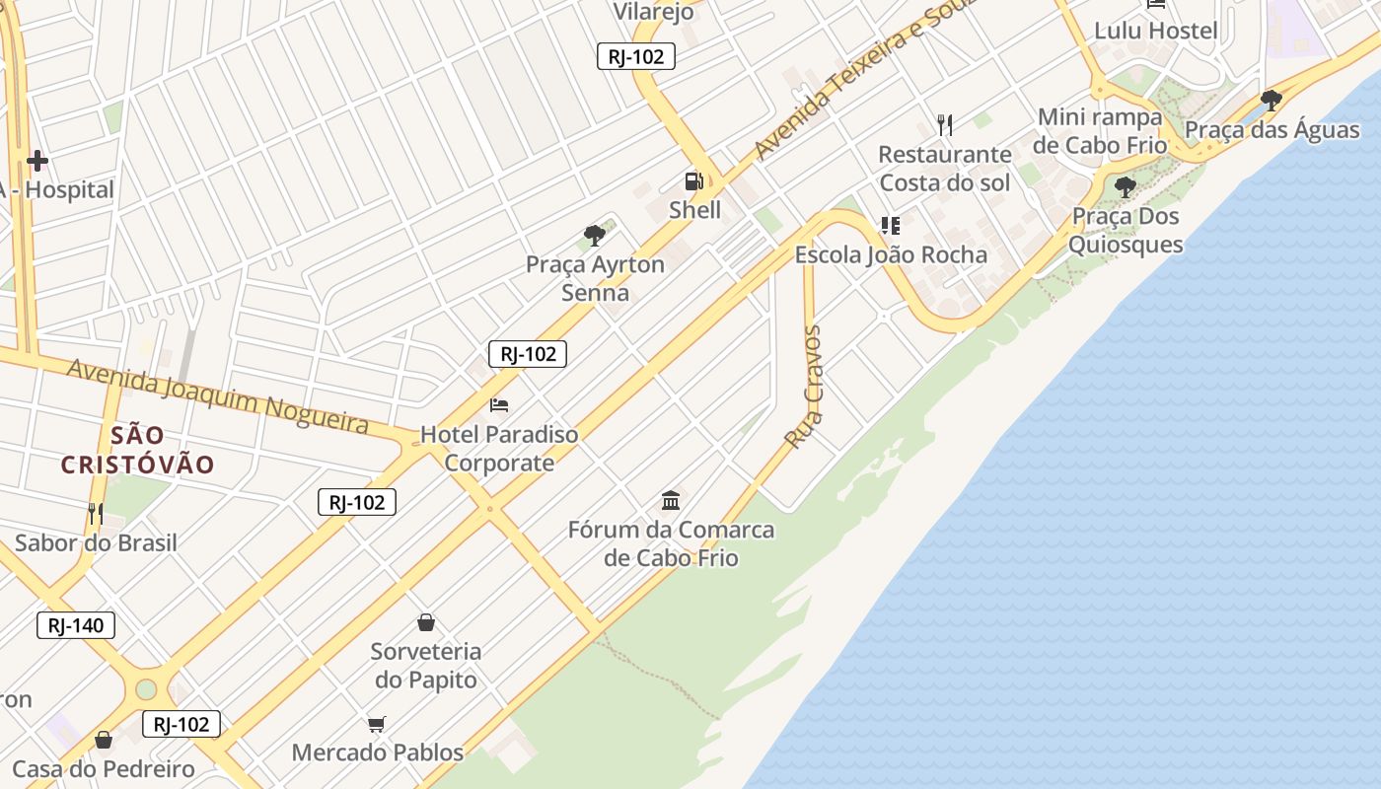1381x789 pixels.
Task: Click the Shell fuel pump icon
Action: (693, 181)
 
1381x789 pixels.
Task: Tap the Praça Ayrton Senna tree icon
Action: (594, 235)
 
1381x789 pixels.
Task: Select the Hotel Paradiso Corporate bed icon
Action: (499, 404)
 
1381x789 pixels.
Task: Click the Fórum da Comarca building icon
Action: (671, 500)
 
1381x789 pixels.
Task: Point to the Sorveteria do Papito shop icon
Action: (426, 622)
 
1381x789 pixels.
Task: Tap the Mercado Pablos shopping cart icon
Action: (376, 725)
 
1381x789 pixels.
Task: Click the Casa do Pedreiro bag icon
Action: (104, 740)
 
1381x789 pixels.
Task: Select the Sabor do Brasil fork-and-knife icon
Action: (96, 513)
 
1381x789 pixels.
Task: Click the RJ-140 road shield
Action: (76, 625)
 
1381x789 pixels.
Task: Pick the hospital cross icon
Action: (37, 161)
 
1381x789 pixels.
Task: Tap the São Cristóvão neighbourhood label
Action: (137, 450)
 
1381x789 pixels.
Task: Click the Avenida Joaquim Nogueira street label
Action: (218, 396)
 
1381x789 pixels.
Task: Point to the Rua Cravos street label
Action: (806, 387)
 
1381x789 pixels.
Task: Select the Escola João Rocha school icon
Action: (891, 226)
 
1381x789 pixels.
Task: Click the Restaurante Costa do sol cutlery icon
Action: (945, 124)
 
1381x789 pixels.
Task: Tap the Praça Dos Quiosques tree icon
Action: (1125, 186)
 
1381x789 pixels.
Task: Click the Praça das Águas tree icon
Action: (1272, 100)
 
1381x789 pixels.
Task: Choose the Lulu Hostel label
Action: (1155, 31)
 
